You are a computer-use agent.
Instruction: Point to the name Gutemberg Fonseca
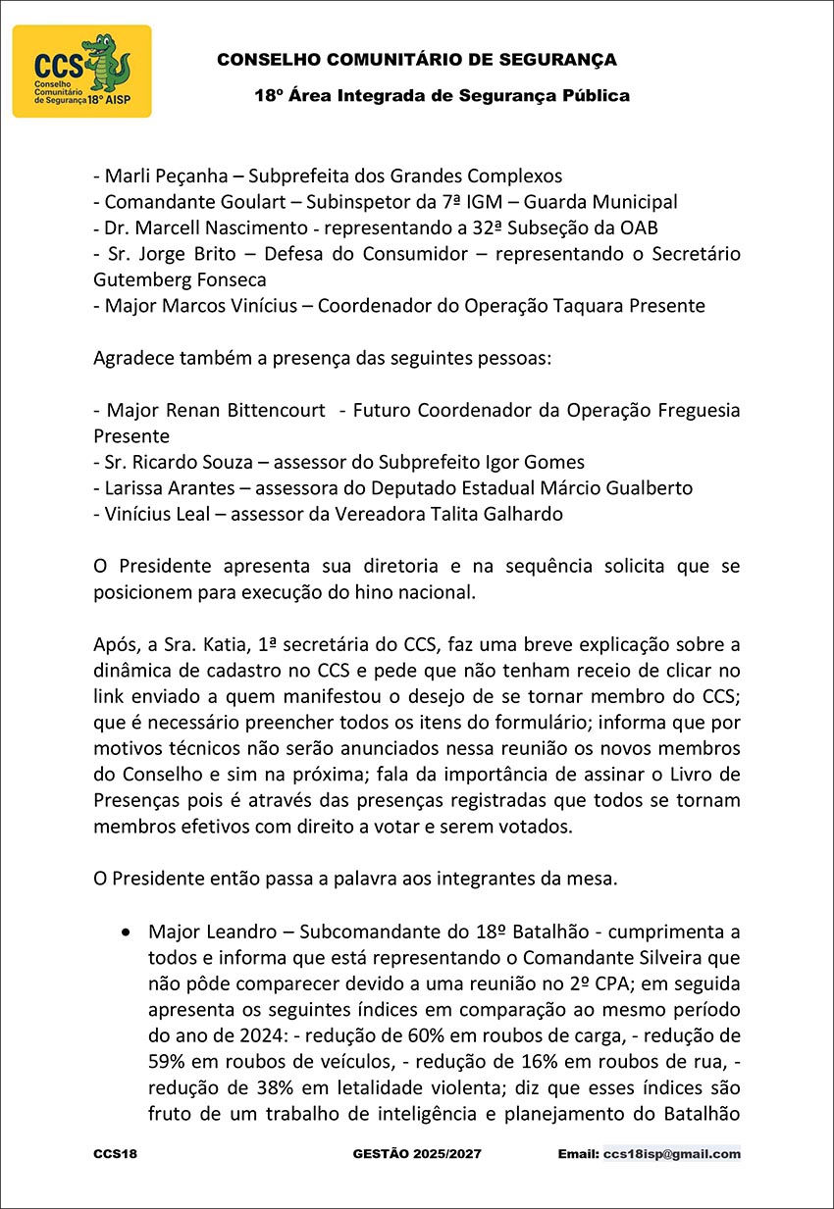(x=180, y=279)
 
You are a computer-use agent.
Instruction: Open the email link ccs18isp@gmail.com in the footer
(x=672, y=1154)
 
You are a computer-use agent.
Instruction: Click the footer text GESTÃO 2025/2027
(x=417, y=1154)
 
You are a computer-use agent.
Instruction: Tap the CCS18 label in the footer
(x=115, y=1154)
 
